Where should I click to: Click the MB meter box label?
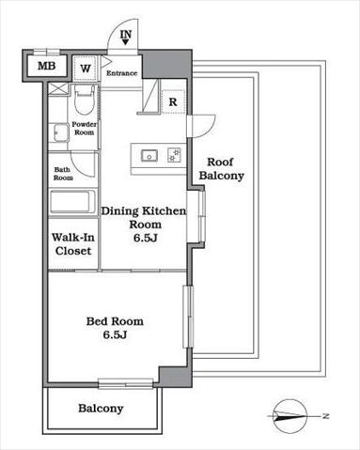[x=47, y=66]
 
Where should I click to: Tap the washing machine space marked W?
[x=86, y=69]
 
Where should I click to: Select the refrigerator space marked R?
[x=173, y=101]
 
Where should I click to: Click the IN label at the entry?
[x=126, y=34]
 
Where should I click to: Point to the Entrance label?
[x=122, y=73]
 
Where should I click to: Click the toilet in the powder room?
[x=84, y=100]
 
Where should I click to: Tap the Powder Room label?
[x=85, y=129]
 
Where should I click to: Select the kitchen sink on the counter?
[x=149, y=156]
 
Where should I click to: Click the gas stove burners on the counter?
[x=174, y=155]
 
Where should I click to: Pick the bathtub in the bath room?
[x=72, y=202]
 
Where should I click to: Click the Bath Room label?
[x=63, y=174]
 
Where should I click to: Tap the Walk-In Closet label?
[x=73, y=244]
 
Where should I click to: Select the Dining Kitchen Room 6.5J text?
[x=144, y=225]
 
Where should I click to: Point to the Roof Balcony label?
[x=222, y=169]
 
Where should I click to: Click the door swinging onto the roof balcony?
[x=201, y=126]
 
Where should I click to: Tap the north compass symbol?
[x=290, y=416]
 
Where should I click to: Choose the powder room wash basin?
[x=58, y=132]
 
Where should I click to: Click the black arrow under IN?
[x=126, y=41]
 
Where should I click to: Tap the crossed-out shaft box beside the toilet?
[x=58, y=88]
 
